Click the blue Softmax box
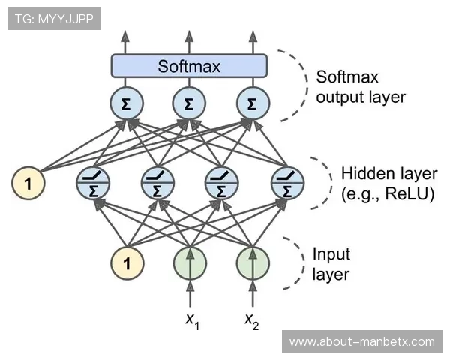[189, 66]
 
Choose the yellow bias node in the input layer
[126, 263]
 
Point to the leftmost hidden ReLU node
[94, 182]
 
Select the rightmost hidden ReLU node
[286, 182]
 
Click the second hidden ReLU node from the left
[157, 182]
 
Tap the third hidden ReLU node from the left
[221, 182]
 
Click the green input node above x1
[190, 263]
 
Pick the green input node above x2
[253, 263]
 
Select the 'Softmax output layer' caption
[360, 86]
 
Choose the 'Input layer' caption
[331, 264]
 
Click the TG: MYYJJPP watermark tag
[54, 19]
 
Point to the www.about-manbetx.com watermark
[362, 342]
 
